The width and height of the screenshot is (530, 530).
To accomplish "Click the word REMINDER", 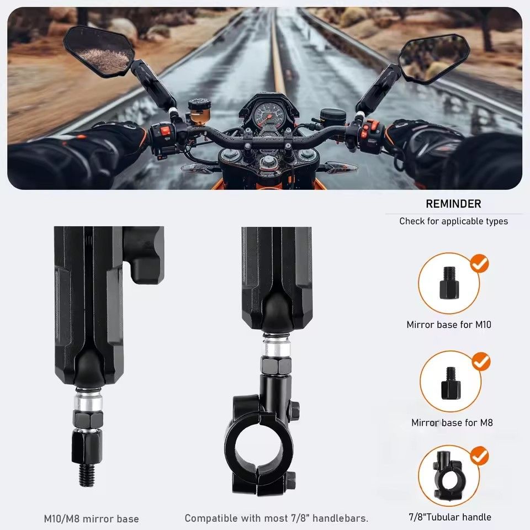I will pyautogui.click(x=453, y=204).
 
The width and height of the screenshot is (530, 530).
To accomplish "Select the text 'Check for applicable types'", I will pyautogui.click(x=453, y=221).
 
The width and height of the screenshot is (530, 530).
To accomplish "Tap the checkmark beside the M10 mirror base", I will pyautogui.click(x=479, y=264).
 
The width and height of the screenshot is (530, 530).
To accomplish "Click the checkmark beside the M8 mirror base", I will pyautogui.click(x=481, y=362).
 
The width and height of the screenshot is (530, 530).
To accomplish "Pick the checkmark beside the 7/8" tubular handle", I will pyautogui.click(x=479, y=456).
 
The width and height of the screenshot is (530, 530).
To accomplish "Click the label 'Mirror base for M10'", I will pyautogui.click(x=448, y=325).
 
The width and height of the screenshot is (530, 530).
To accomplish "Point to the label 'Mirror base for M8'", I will pyautogui.click(x=452, y=422).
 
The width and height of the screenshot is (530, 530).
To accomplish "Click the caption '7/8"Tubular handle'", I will pyautogui.click(x=449, y=517).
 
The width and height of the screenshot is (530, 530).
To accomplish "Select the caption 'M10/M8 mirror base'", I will pyautogui.click(x=91, y=519).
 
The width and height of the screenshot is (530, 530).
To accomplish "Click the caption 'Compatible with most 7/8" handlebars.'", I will pyautogui.click(x=276, y=518).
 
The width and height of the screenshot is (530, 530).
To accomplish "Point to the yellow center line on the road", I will pyautogui.click(x=277, y=55).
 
